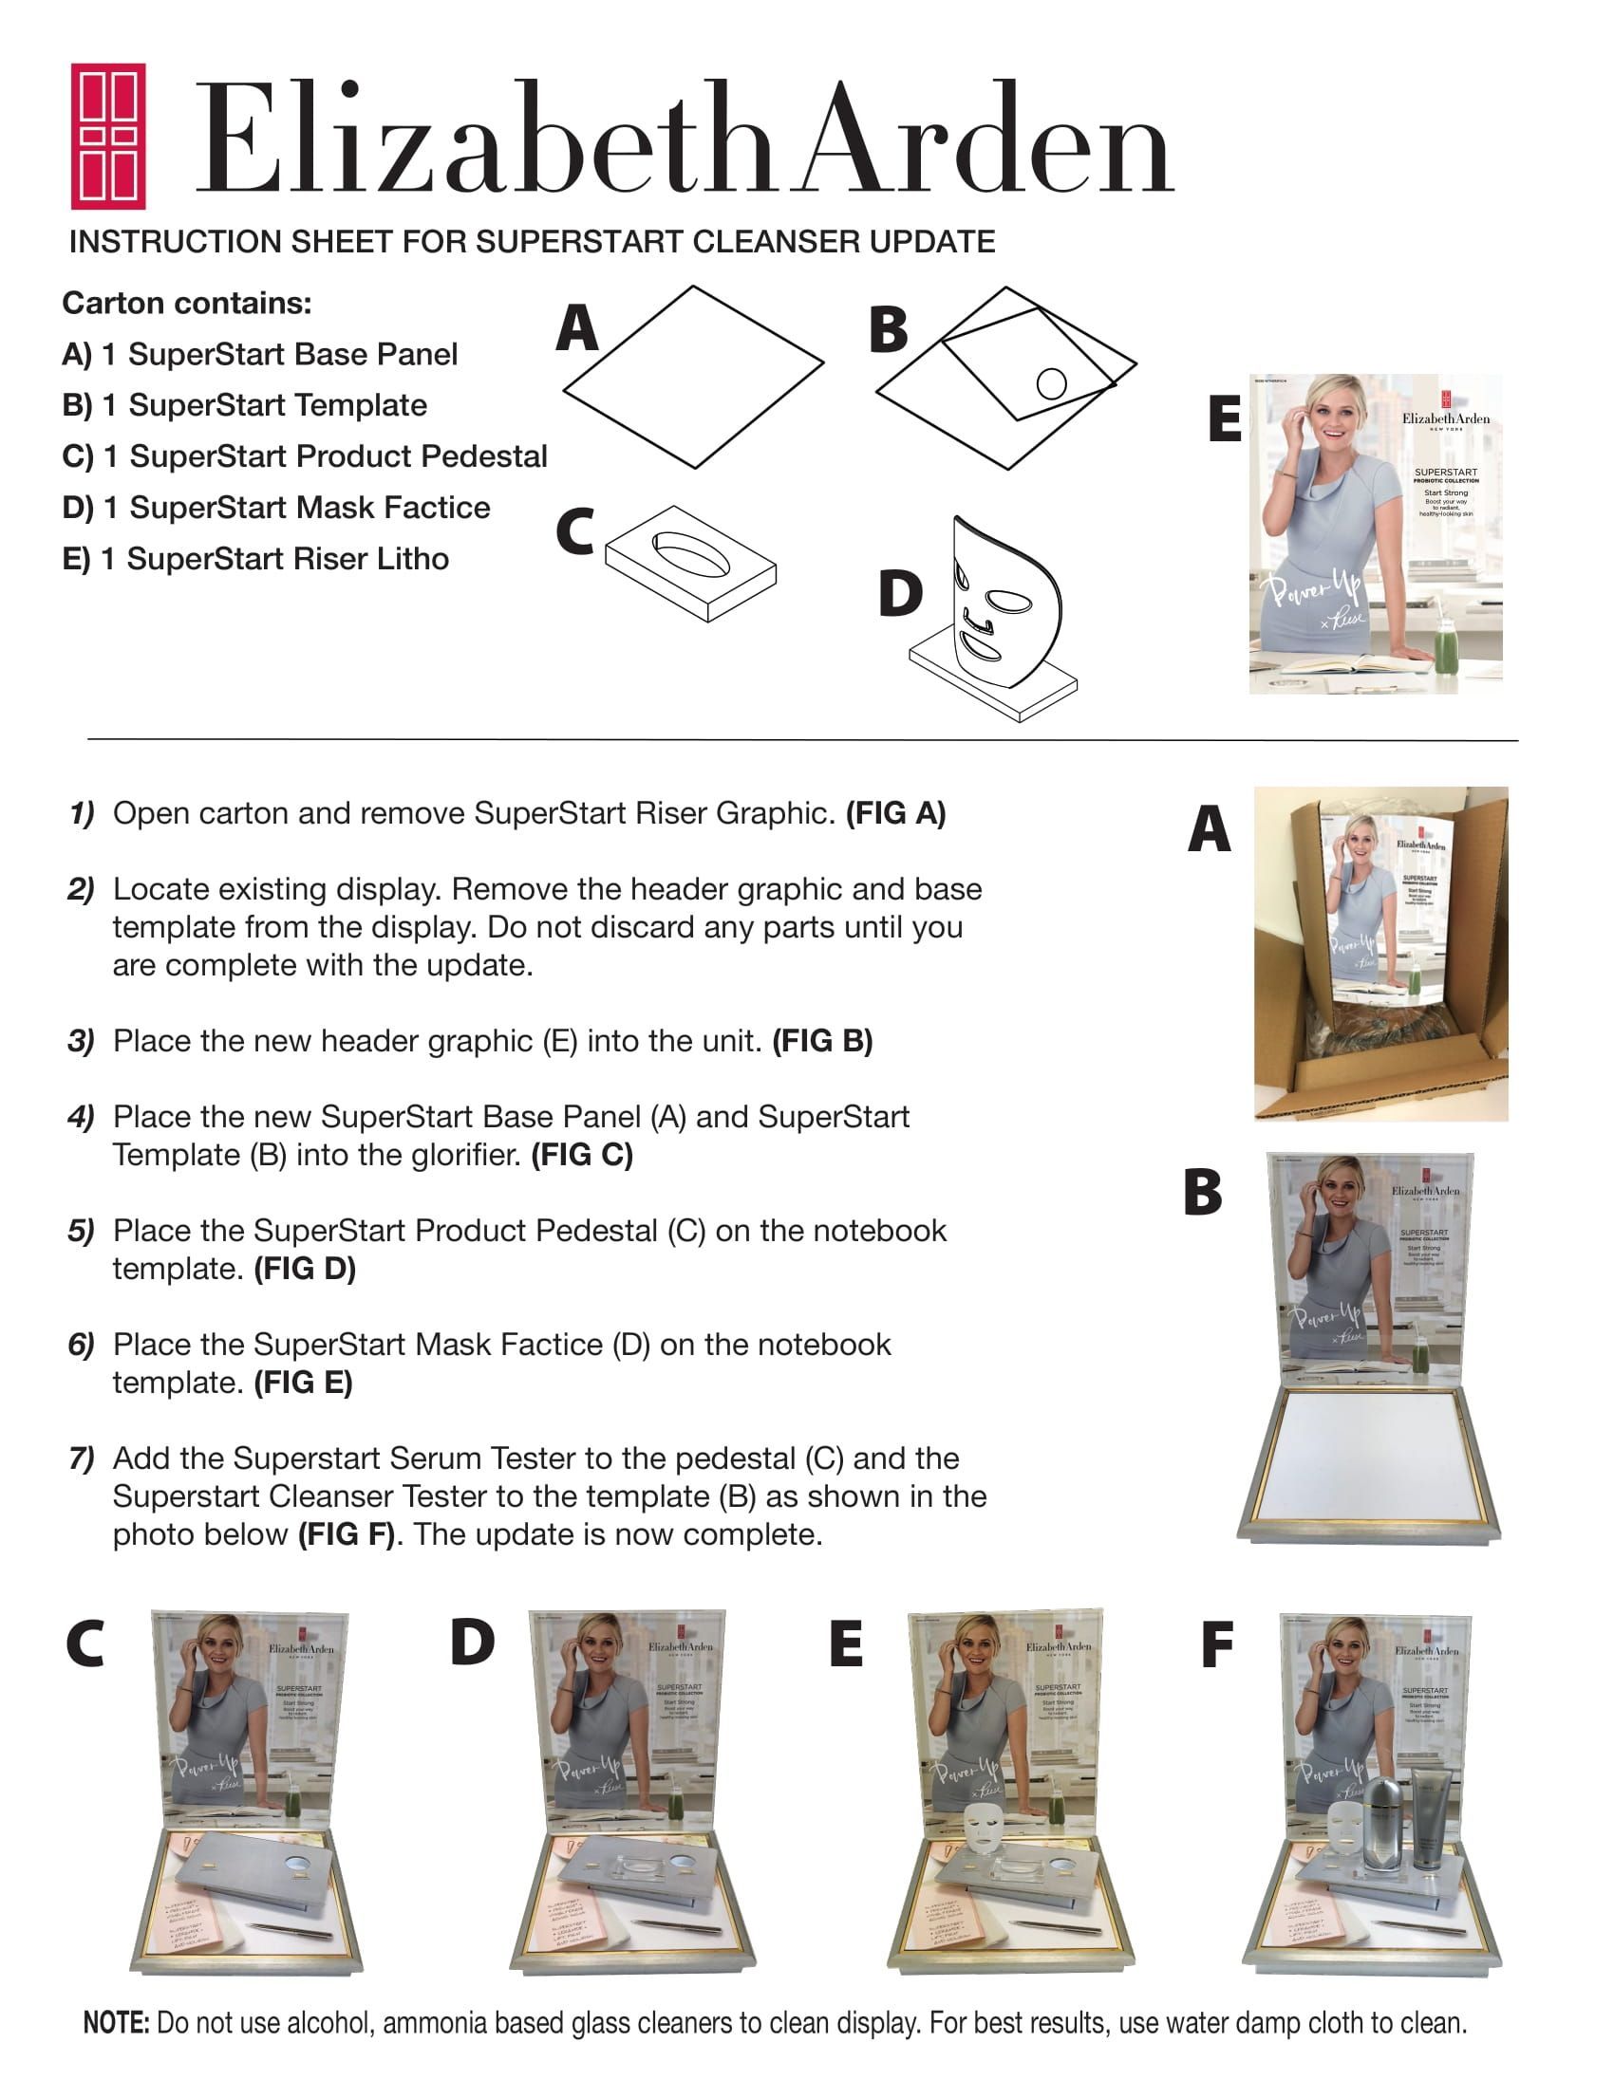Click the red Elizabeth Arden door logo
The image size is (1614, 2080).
[107, 137]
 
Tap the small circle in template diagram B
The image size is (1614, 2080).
[1051, 383]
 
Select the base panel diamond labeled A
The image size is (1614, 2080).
[693, 377]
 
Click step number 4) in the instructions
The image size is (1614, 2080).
[80, 1116]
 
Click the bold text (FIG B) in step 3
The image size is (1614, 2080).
[822, 1040]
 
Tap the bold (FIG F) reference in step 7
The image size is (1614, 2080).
[347, 1534]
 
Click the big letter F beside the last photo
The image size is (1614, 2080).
[1217, 1644]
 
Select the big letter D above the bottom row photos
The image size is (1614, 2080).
[472, 1643]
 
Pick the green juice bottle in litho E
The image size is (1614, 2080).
[1445, 645]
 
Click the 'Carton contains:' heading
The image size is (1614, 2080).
[187, 303]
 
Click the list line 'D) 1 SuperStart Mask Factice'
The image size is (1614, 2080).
[275, 508]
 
